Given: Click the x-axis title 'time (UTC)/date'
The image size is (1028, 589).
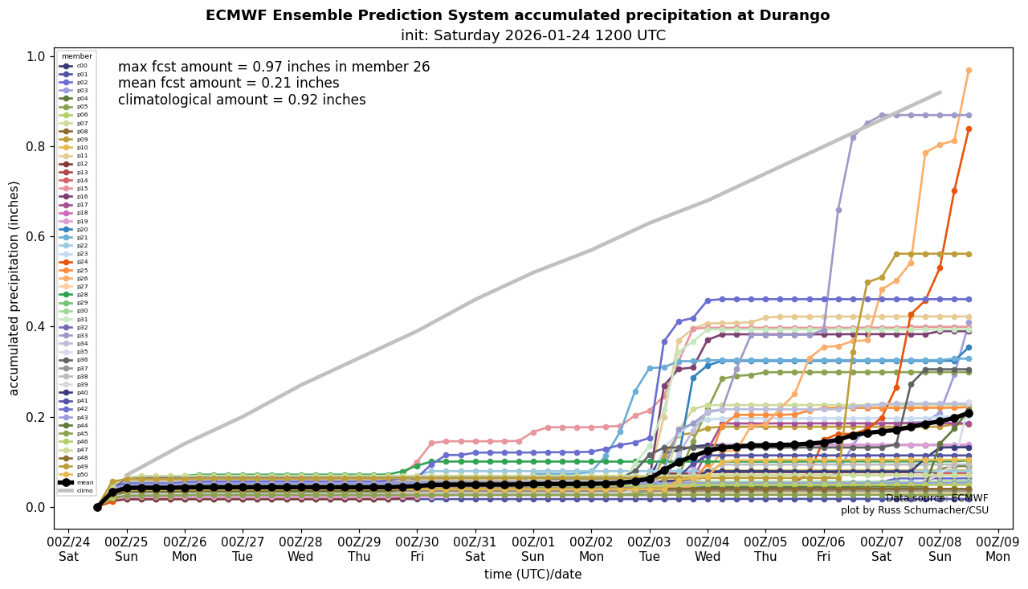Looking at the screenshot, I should coord(532,575).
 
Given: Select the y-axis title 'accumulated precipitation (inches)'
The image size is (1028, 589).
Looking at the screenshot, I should coord(14,288).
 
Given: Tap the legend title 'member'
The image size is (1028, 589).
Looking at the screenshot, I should coord(77,56).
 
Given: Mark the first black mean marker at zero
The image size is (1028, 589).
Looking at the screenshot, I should coord(97,507).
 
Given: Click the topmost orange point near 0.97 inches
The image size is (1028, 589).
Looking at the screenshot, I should coord(969,71).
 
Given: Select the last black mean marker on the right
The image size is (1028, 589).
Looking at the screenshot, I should coord(969,413).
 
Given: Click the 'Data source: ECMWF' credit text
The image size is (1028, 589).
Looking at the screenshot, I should coord(936,498).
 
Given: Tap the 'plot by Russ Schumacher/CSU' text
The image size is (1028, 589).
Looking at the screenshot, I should coord(915,510).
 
